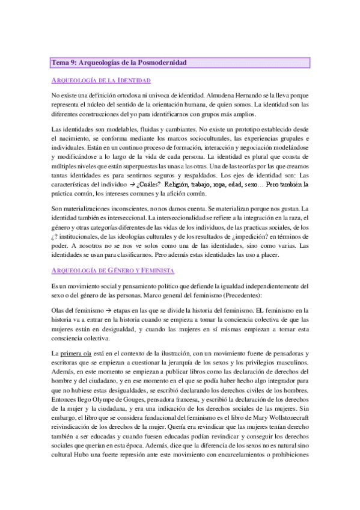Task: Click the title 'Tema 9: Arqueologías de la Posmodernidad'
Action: click(120, 62)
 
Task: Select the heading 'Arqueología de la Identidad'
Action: click(101, 80)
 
